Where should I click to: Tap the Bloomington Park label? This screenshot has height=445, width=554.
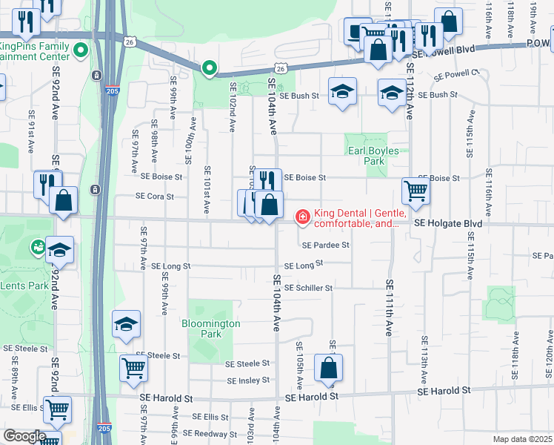coord(211,329)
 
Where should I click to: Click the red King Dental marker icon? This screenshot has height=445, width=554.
coord(302,217)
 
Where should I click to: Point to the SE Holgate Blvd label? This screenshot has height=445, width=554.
coord(448,223)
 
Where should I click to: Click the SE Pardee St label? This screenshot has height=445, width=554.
coord(325,245)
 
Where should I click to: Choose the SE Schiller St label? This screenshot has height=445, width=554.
coord(308,288)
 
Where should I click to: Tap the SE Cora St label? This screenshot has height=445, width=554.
coord(154,197)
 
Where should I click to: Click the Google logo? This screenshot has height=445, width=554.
coord(24,436)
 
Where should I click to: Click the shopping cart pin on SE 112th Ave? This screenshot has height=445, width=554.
coord(415,191)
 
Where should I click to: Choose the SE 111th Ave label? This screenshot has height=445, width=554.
coord(389,308)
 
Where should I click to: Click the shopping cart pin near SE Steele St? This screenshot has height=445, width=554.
coord(133,366)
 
